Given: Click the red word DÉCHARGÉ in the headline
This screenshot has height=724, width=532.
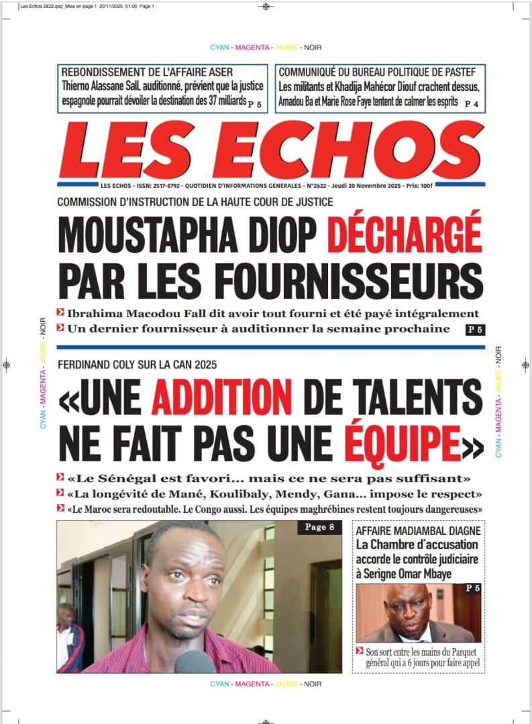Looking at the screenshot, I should coord(405,234).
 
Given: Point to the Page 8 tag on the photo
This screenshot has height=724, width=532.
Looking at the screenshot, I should coord(319,528).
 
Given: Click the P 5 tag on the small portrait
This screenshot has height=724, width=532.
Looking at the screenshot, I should coord(472,588).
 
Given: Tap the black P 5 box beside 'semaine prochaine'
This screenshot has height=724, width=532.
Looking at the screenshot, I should coord(474,329).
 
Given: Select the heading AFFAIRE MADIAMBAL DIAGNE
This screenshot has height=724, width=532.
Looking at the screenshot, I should coord(419,531).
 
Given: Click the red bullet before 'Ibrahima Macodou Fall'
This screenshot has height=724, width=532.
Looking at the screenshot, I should coord(61,313).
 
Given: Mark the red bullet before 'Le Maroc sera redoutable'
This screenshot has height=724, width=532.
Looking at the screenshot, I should coord(61,509).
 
